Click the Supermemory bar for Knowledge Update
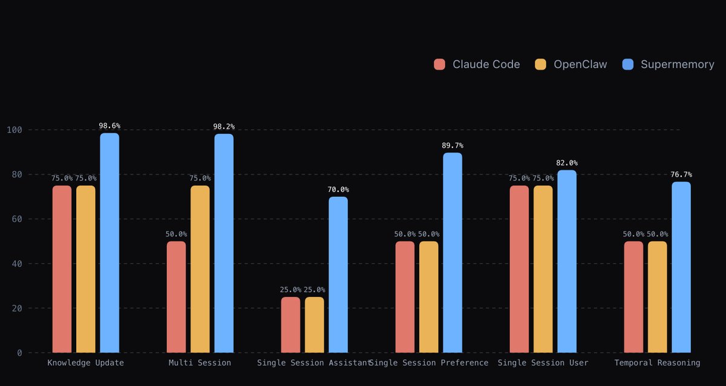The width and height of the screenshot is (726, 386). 110,242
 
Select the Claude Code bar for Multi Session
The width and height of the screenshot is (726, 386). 176,297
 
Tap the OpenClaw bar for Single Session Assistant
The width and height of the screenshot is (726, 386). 314,325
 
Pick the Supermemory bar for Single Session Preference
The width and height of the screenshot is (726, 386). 453,253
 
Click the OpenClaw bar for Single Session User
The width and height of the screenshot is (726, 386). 543,269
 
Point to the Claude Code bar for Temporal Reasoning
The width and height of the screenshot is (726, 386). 633,297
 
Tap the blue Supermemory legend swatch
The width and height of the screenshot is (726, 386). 628,64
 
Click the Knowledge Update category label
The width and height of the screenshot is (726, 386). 85,363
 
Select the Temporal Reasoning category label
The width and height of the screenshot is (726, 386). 657,363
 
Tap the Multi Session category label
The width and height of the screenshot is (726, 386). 200,363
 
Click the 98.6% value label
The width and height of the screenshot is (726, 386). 110,126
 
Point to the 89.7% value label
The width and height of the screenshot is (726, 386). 453,146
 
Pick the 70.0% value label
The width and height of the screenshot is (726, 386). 338,190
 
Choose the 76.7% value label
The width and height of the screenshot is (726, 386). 681,175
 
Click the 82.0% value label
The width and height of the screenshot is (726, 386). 567,163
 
